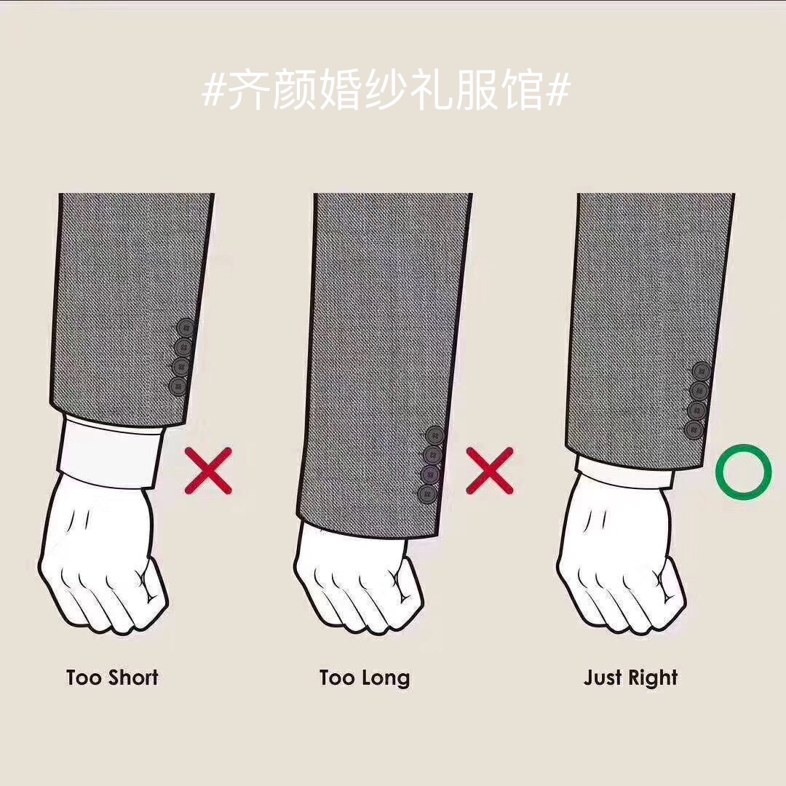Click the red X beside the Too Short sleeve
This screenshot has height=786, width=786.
[x=209, y=471]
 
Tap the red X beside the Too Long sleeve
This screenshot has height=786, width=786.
[x=490, y=471]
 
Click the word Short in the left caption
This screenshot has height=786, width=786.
[x=134, y=678]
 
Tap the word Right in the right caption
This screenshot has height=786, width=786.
[x=653, y=679]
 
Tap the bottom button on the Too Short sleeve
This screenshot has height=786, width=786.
[x=178, y=386]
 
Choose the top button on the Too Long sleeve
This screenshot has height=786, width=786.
[x=435, y=436]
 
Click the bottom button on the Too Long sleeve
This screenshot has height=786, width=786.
[x=427, y=494]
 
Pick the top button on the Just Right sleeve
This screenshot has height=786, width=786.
[x=702, y=371]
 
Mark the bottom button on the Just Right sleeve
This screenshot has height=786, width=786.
[x=694, y=429]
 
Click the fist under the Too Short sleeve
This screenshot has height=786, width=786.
[x=103, y=557]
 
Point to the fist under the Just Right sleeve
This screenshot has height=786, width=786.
[x=622, y=557]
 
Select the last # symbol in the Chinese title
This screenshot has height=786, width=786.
[x=558, y=90]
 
